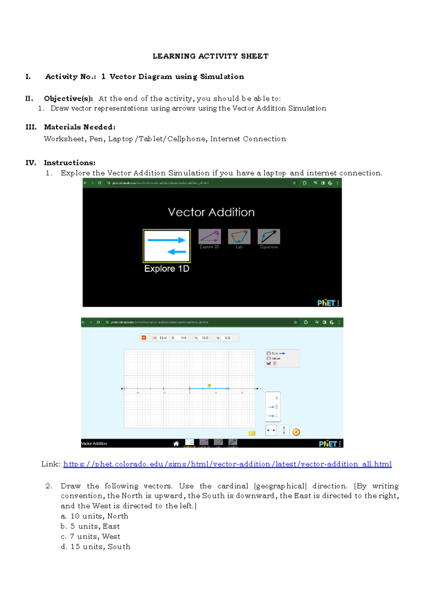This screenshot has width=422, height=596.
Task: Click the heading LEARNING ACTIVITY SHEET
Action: (x=210, y=56)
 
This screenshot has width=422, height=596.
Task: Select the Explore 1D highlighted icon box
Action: (x=167, y=246)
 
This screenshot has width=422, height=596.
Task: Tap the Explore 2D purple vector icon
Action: (x=210, y=237)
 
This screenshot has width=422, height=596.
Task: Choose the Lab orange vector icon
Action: (x=239, y=237)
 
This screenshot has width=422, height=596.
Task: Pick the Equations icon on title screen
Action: (x=269, y=237)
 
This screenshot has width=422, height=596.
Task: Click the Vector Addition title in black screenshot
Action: (x=211, y=212)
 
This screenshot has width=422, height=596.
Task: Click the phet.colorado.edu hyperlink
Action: (x=227, y=464)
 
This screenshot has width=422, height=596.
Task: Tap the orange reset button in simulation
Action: (x=296, y=432)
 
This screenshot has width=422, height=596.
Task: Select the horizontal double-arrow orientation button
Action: (x=271, y=430)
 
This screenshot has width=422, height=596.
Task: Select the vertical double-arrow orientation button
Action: (x=284, y=430)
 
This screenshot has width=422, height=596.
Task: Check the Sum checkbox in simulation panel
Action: (x=269, y=354)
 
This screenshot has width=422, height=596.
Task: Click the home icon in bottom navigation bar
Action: (x=176, y=443)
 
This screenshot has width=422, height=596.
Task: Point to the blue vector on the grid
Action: (x=209, y=389)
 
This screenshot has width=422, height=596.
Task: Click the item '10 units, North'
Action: (x=99, y=516)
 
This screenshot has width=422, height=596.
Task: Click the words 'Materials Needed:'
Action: (x=79, y=127)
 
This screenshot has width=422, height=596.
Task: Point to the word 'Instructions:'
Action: (x=70, y=163)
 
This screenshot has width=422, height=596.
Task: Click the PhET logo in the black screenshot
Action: (x=326, y=303)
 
